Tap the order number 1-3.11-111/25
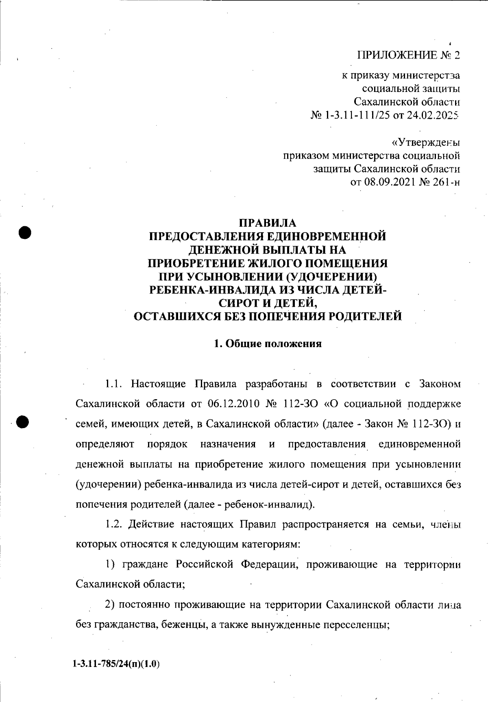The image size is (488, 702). coord(356,115)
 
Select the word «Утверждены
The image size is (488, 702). coord(425,143)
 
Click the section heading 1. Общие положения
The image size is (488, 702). coord(268,344)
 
